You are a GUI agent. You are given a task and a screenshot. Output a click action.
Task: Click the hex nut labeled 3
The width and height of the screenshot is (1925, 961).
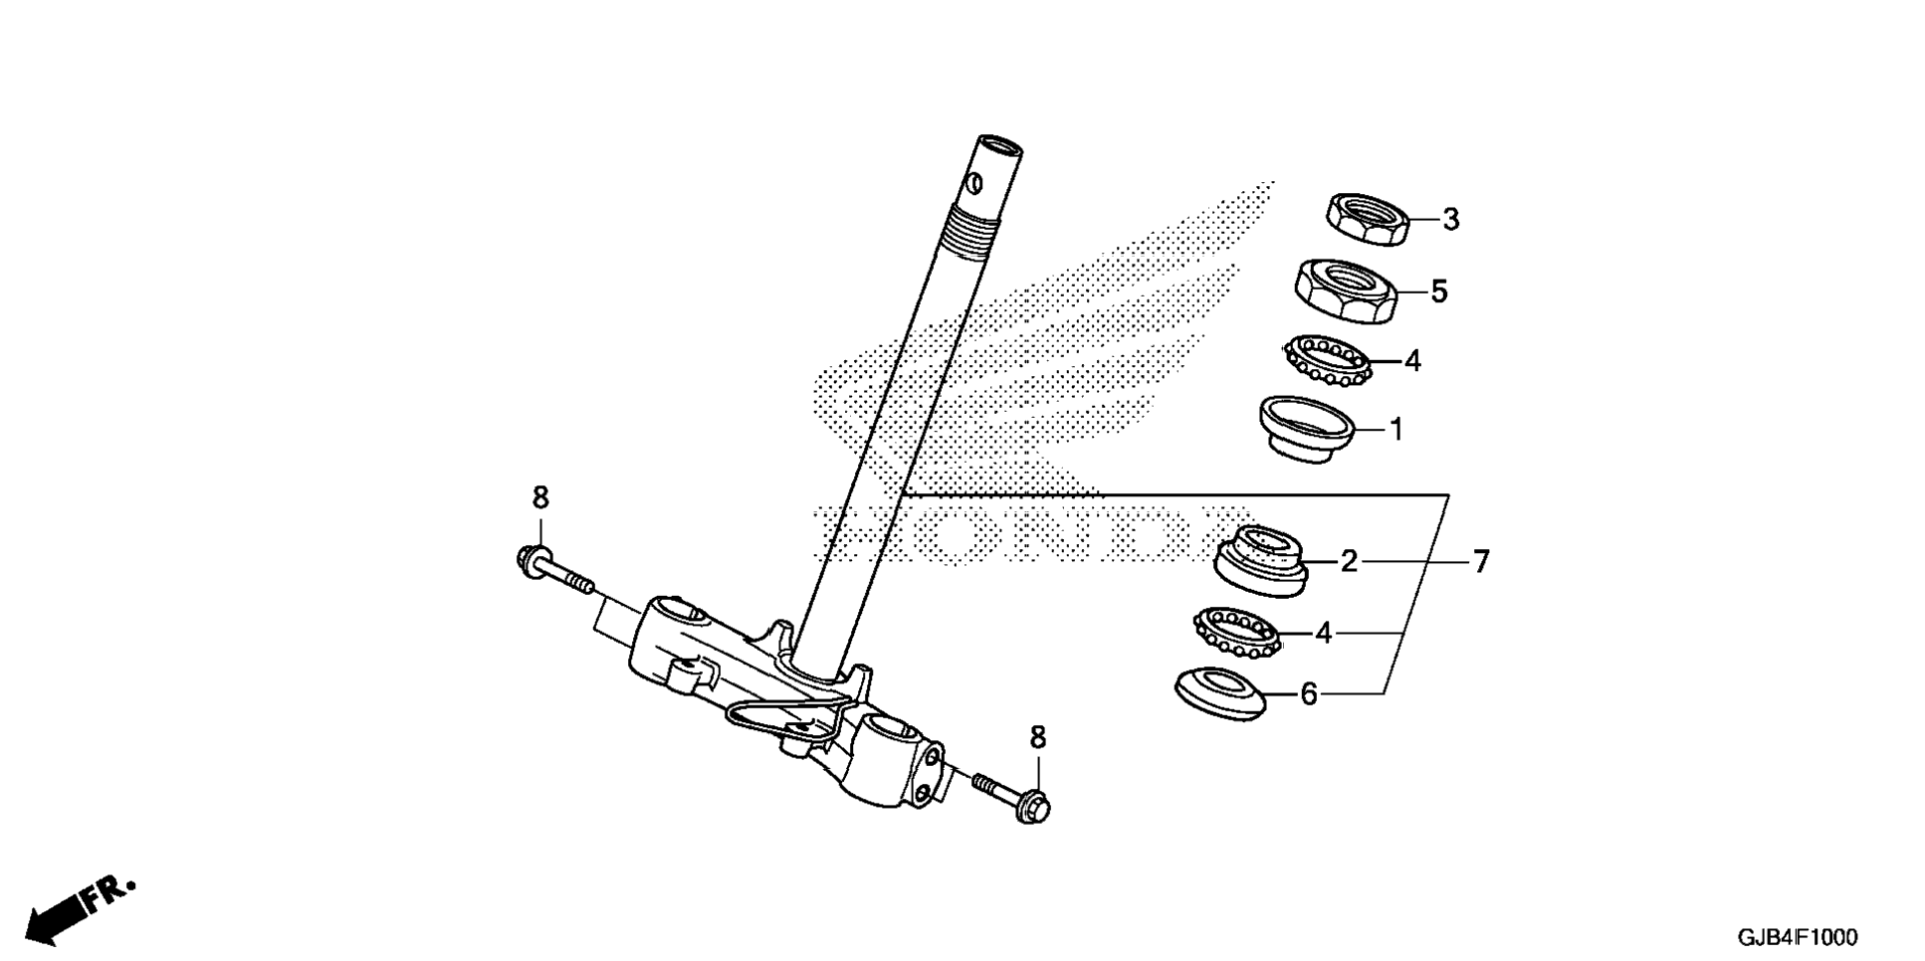pos(1368,219)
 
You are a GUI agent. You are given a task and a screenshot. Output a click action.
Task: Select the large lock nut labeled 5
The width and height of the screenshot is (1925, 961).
pos(1346,290)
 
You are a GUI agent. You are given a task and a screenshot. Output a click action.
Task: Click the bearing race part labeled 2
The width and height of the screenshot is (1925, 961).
pos(1261,561)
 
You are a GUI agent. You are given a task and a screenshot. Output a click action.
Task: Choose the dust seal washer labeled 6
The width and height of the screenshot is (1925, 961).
pos(1220,693)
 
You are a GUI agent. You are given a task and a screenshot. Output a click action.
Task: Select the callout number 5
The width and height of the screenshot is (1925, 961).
pos(1439,291)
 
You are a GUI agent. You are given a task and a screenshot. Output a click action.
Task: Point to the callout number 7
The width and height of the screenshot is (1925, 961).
pos(1481,562)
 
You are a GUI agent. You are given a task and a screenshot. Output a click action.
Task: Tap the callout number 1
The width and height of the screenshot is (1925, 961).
pos(1396,430)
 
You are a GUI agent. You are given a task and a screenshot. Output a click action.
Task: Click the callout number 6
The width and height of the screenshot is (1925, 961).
pos(1309,694)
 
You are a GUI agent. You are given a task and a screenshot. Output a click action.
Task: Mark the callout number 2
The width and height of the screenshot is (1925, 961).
pos(1349,562)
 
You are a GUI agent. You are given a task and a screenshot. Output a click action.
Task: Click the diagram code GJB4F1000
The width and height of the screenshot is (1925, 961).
pos(1798,937)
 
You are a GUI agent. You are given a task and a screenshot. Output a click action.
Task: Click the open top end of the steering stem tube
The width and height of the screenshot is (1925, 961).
pos(999,146)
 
